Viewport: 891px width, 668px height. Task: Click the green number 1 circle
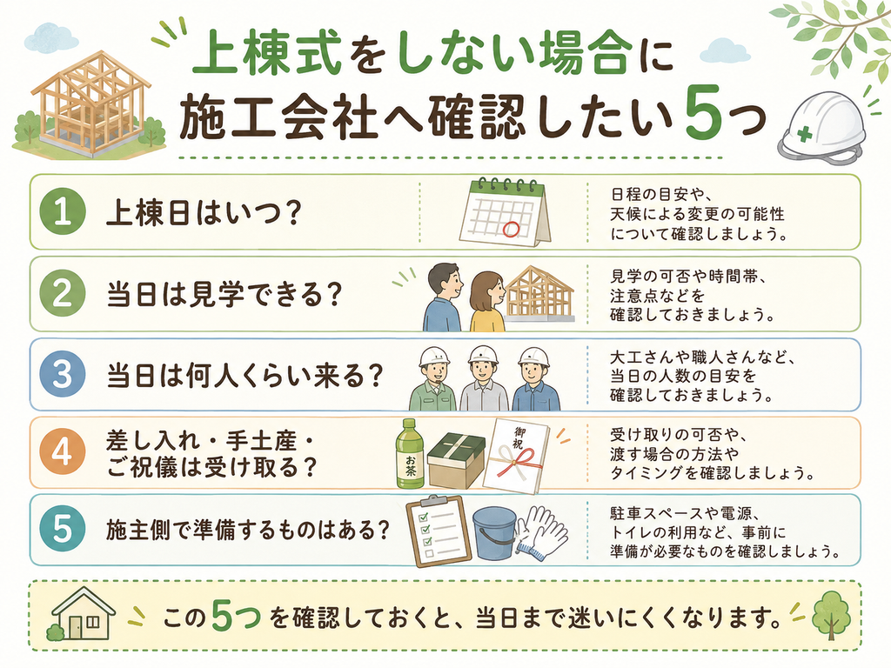pyautogui.click(x=63, y=212)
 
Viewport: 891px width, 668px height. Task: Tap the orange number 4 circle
pyautogui.click(x=63, y=452)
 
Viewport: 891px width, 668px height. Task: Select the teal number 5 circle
pyautogui.click(x=63, y=530)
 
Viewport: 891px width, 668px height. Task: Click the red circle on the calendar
pyautogui.click(x=511, y=229)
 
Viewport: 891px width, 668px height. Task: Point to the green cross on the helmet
pyautogui.click(x=804, y=135)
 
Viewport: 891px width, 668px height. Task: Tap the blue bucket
pyautogui.click(x=494, y=533)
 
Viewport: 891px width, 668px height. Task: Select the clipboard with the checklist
pyautogui.click(x=439, y=531)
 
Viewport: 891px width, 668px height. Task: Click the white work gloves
pyautogui.click(x=540, y=531)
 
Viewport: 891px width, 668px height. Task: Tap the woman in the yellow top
pyautogui.click(x=487, y=301)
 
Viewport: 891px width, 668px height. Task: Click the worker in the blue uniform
pyautogui.click(x=535, y=379)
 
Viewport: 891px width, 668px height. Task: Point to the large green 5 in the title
pyautogui.click(x=705, y=113)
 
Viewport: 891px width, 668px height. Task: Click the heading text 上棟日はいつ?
pyautogui.click(x=203, y=213)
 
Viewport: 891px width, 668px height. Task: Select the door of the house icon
pyautogui.click(x=76, y=626)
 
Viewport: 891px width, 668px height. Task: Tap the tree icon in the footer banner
pyautogui.click(x=831, y=616)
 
